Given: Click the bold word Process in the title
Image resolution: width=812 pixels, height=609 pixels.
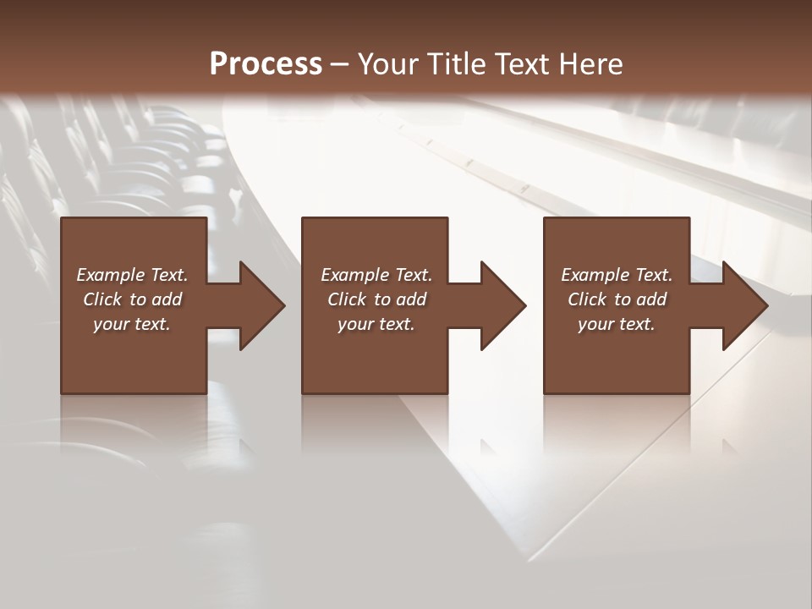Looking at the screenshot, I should (266, 64).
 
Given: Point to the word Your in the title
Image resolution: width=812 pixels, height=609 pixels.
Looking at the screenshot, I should (390, 64).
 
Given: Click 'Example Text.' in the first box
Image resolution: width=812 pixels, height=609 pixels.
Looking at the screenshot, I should (132, 275).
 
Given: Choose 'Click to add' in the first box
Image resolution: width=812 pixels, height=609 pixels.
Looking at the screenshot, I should (132, 299).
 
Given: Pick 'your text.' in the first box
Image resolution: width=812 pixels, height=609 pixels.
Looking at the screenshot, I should (132, 324).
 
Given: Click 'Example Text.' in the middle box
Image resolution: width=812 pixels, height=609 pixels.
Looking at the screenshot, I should (376, 275).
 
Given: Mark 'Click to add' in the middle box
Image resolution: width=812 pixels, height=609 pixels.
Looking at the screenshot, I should (376, 299).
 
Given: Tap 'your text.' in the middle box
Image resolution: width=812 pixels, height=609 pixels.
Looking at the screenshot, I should (376, 324).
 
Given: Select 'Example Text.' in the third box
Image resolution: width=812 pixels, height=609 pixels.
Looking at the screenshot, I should (617, 275).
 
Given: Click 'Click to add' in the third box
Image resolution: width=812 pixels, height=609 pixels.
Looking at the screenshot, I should (617, 299).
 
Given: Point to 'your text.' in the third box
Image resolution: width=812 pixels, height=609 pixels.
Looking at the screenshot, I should (617, 324).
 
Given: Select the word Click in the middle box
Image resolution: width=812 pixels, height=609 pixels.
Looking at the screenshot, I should (347, 299).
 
